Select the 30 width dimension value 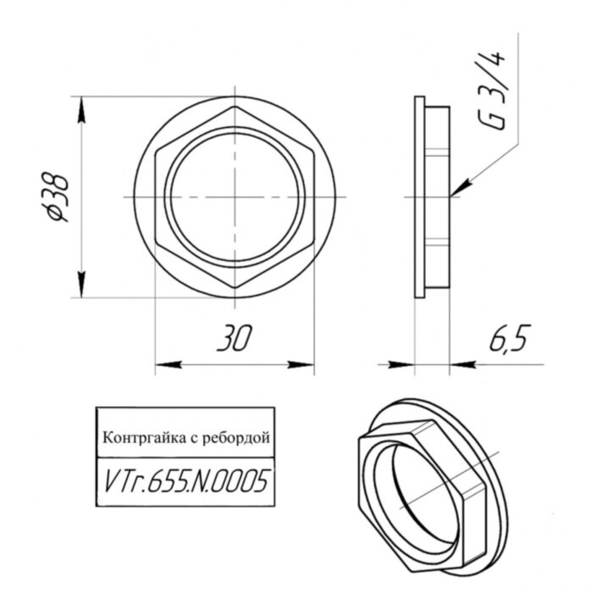(x=234, y=339)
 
